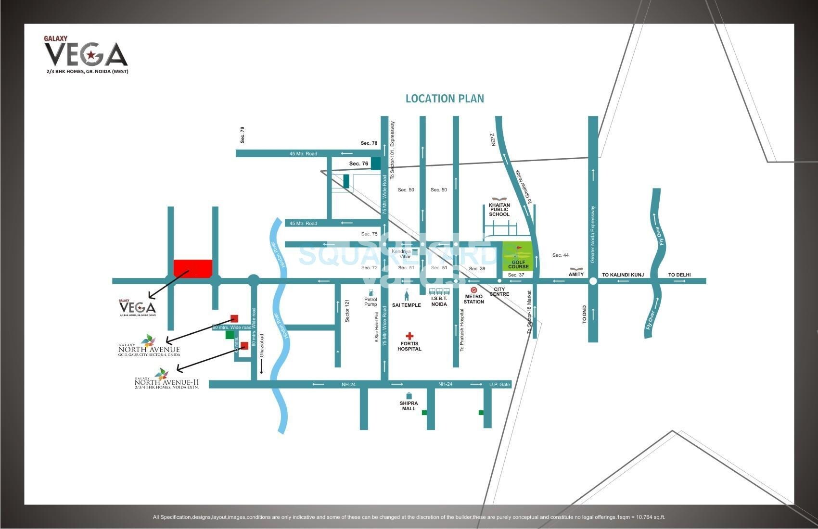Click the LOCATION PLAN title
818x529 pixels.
[x=445, y=99]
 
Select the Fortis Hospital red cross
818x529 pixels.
[x=409, y=336]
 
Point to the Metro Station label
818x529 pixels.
[x=473, y=299]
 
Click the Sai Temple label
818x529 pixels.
[x=406, y=305]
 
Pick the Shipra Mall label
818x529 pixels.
[x=409, y=406]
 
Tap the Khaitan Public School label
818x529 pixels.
[x=499, y=210]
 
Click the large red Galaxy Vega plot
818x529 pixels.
[x=192, y=268]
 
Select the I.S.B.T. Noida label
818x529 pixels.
[x=439, y=301]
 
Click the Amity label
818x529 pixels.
[x=576, y=274]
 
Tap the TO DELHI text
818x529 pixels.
[x=679, y=275]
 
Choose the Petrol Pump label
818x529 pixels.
[x=371, y=302]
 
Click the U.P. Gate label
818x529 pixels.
[x=499, y=384]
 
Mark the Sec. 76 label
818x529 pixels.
[x=358, y=164]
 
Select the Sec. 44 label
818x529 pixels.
[x=560, y=255]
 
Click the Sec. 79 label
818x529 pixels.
[x=243, y=135]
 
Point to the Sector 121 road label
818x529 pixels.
[x=347, y=311]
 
